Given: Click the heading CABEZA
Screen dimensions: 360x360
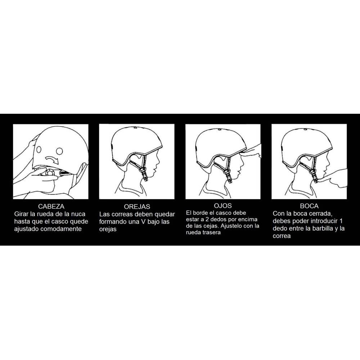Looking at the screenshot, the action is coord(51,206).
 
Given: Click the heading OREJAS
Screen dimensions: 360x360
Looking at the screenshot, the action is coord(137,206).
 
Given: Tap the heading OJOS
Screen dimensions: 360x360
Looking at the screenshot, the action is coord(223,206).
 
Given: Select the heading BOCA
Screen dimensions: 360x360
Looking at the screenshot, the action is coord(309,206).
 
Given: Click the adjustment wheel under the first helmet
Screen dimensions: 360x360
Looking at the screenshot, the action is coord(50,173).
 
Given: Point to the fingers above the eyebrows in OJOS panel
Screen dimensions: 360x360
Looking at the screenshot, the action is coord(250,151).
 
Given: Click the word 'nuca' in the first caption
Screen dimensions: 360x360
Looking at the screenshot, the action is coord(78,214).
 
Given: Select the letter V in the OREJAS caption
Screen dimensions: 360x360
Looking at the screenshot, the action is coord(144,222).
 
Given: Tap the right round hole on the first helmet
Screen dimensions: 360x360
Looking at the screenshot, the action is coord(59,151).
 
